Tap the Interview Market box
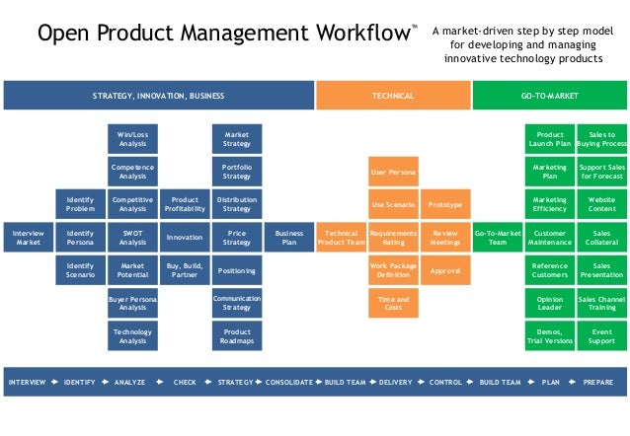coord(28,237)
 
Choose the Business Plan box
coord(289,237)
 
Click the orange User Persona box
coord(393,172)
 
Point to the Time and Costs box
coord(393,303)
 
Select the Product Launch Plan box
coord(550,139)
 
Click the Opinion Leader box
coord(550,303)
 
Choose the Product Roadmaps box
coord(237,335)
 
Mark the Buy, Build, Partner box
coord(185,269)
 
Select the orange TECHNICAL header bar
coord(393,96)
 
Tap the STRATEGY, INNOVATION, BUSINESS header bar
coord(159,96)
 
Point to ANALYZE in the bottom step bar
coord(130,382)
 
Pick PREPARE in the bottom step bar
coord(597,382)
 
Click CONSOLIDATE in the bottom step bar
coord(288,382)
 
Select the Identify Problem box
coord(80,204)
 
